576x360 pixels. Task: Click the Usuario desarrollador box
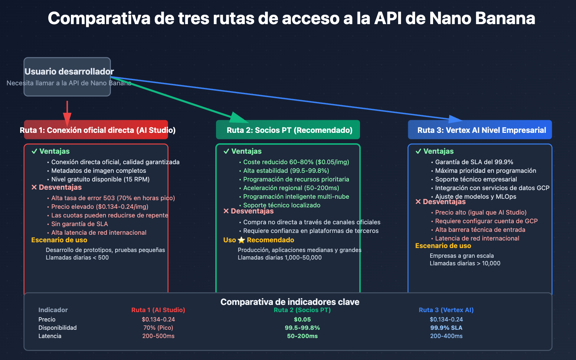[x=67, y=77]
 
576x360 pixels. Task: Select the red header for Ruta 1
[x=96, y=130]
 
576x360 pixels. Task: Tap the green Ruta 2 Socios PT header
[x=288, y=130]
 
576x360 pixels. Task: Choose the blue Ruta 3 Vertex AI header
[x=480, y=130]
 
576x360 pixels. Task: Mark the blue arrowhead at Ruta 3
[x=455, y=119]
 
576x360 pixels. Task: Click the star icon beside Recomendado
[x=241, y=240]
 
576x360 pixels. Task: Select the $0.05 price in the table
[x=302, y=319]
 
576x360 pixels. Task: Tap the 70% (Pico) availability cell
[x=158, y=328]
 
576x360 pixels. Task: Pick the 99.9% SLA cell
[x=446, y=328]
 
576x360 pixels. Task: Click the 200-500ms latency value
[x=158, y=336]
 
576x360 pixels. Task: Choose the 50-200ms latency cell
[x=302, y=336]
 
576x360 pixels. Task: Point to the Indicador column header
[x=53, y=310]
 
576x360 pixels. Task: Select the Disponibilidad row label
[x=58, y=328]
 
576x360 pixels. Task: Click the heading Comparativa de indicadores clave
[x=290, y=302]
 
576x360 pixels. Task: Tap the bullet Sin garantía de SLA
[x=80, y=224]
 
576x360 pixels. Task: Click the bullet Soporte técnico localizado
[x=282, y=205]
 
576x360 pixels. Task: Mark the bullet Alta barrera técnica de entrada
[x=480, y=230]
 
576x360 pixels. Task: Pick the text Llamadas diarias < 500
[x=77, y=257]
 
